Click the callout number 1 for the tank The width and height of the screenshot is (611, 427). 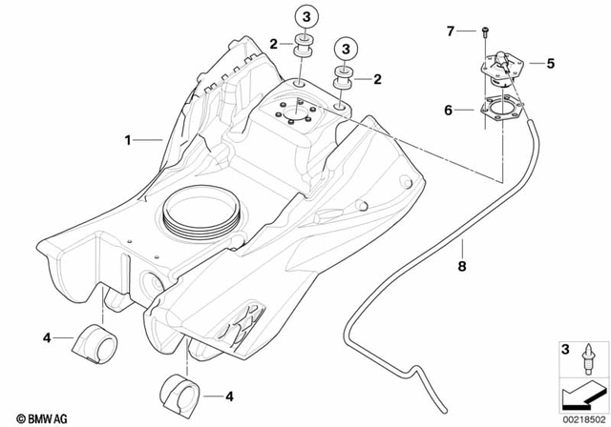127,140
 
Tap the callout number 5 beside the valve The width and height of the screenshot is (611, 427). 550,64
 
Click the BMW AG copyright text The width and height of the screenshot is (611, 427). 32,417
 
